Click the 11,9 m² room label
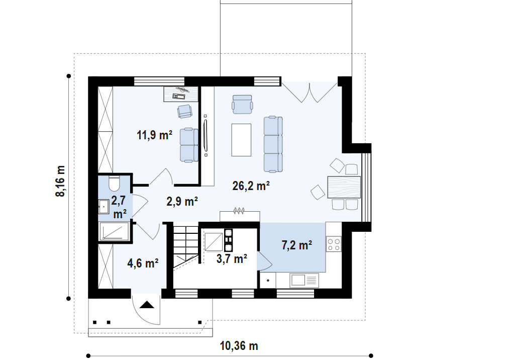pyautogui.click(x=154, y=134)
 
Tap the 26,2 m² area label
pyautogui.click(x=251, y=186)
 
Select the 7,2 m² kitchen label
pyautogui.click(x=296, y=245)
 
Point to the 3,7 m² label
pyautogui.click(x=231, y=259)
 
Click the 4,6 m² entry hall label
pyautogui.click(x=144, y=262)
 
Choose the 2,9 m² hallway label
pyautogui.click(x=182, y=201)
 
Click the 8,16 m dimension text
pyautogui.click(x=61, y=181)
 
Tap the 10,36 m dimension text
pyautogui.click(x=239, y=346)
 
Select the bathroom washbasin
pyautogui.click(x=104, y=205)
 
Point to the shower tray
pyautogui.click(x=115, y=231)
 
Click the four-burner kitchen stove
pyautogui.click(x=334, y=244)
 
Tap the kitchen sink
pyautogui.click(x=304, y=280)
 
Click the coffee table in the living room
pyautogui.click(x=241, y=140)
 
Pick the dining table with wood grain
pyautogui.click(x=344, y=187)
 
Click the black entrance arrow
pyautogui.click(x=146, y=304)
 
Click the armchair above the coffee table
pyautogui.click(x=242, y=103)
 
